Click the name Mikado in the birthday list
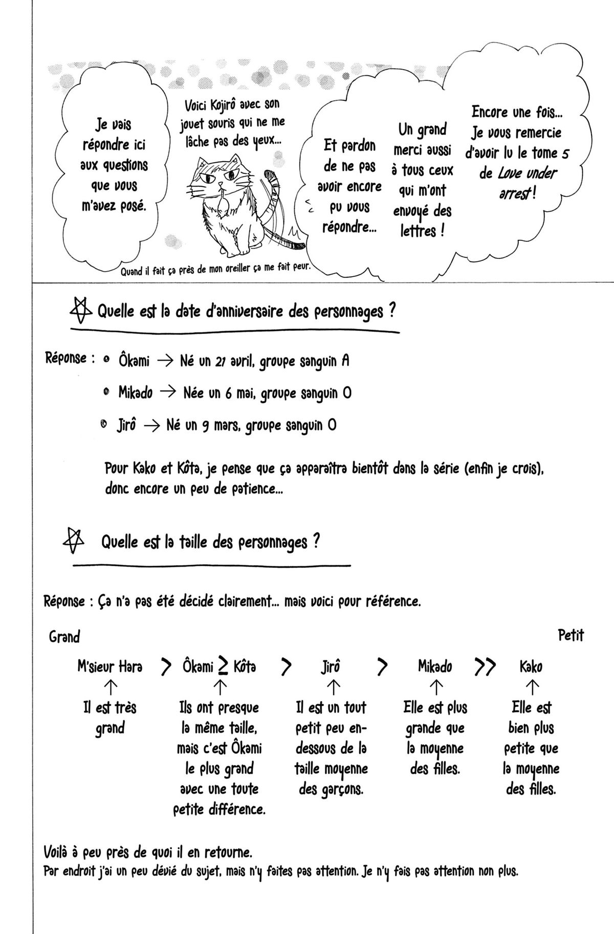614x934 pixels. (x=135, y=393)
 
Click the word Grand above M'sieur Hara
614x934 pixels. (x=64, y=637)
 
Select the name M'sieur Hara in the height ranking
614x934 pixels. (x=110, y=667)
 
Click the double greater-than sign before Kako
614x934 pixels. (x=485, y=666)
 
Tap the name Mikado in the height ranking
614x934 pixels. (x=435, y=667)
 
